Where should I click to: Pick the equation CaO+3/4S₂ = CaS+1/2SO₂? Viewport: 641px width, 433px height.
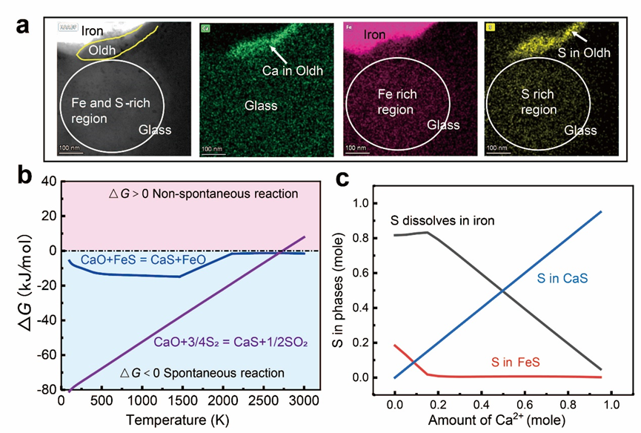point(219,342)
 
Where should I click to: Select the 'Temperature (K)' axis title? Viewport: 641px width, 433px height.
point(183,420)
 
